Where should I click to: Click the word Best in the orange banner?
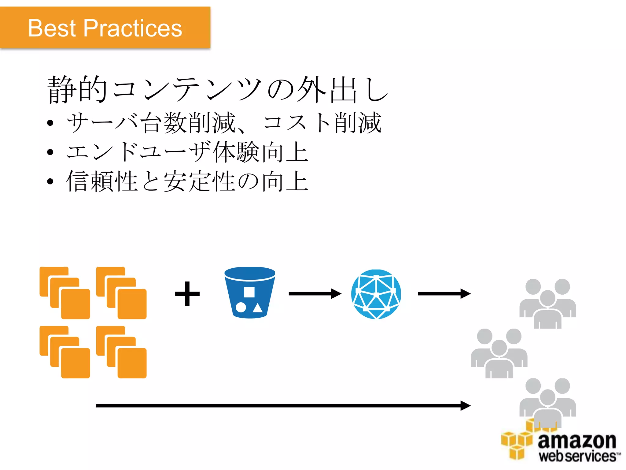click(x=52, y=28)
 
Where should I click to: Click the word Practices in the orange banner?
click(x=133, y=28)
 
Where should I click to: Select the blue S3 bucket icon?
click(x=250, y=293)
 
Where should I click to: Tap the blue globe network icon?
click(x=376, y=294)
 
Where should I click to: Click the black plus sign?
click(x=187, y=294)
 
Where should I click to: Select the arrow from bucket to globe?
click(x=315, y=294)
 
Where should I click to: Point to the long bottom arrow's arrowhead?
click(x=465, y=406)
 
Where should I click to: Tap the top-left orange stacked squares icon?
click(x=65, y=293)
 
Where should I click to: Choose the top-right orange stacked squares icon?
click(x=121, y=293)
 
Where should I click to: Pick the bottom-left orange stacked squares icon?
click(x=65, y=352)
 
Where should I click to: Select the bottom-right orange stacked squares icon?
click(x=121, y=352)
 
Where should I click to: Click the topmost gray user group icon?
click(x=547, y=304)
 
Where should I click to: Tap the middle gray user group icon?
click(x=499, y=353)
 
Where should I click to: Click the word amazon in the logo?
click(x=577, y=441)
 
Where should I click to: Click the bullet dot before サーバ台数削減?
click(x=50, y=123)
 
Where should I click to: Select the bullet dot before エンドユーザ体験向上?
click(x=50, y=152)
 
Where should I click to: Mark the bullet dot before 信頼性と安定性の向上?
click(x=50, y=181)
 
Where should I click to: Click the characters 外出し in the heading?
click(x=342, y=89)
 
